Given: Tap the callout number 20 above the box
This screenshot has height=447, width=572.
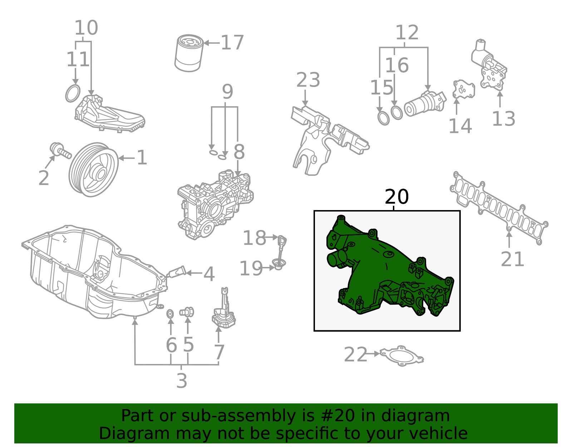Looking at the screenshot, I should pos(396,197).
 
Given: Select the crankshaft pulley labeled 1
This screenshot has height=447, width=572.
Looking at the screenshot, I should pos(94,170).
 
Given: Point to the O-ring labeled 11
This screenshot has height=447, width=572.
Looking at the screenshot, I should pos(73,93).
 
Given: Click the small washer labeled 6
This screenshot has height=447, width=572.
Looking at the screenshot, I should pos(171,314).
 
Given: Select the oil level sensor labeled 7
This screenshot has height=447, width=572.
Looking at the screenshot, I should pos(223,311).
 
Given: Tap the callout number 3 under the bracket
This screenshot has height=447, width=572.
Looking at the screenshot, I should pos(182,380).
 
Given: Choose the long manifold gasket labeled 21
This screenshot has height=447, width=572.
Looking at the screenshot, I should pos(499,208).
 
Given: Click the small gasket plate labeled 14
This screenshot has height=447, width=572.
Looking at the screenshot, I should pos(463,89).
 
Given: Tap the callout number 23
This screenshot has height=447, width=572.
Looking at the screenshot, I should pos(308,80).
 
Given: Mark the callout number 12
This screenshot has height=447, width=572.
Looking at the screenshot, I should pos(407,33).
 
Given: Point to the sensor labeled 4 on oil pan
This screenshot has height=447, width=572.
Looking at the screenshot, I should pos(178,272).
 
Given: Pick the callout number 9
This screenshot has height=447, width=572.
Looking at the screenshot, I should pos(227,92).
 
